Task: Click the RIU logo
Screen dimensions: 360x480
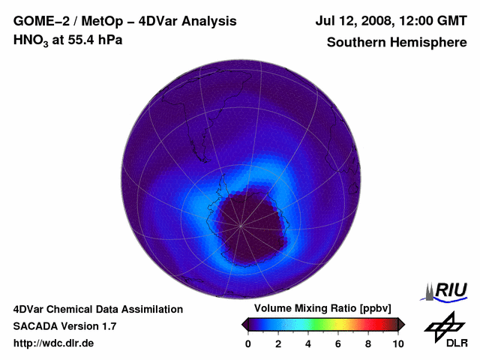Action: pos(448,291)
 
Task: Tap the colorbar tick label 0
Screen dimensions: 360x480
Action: pos(248,343)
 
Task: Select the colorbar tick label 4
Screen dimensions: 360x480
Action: pos(308,343)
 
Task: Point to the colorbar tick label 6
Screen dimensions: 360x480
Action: pos(338,343)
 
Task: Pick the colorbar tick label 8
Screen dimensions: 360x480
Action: pos(368,343)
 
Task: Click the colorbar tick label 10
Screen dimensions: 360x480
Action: pos(397,343)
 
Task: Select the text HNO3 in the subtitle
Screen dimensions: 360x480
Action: pos(28,40)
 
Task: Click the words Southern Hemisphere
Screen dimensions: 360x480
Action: pos(396,42)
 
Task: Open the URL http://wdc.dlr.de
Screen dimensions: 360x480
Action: pos(54,343)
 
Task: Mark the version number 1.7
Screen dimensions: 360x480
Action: pos(107,326)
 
